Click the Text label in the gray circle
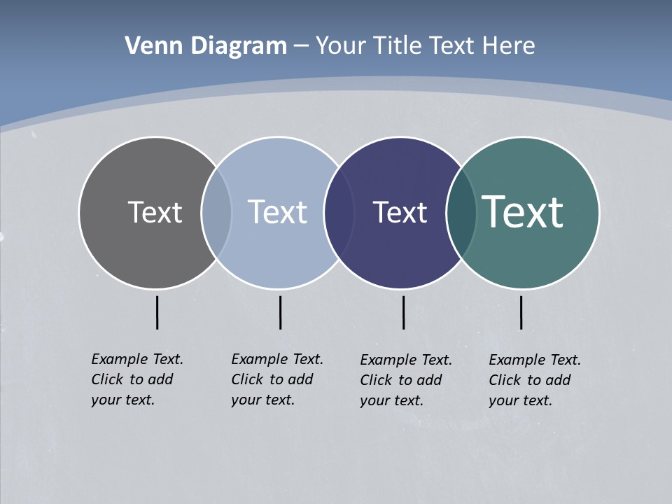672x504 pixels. pyautogui.click(x=155, y=212)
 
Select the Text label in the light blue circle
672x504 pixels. pyautogui.click(x=277, y=212)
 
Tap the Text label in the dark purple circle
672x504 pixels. pyautogui.click(x=400, y=212)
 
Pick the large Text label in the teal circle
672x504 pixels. pyautogui.click(x=523, y=211)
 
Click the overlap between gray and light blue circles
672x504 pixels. pyautogui.click(x=216, y=212)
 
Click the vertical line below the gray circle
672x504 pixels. pyautogui.click(x=157, y=312)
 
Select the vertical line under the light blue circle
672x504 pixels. pyautogui.click(x=280, y=312)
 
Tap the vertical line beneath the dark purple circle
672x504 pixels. pyautogui.click(x=403, y=312)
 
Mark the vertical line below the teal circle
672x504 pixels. pyautogui.click(x=521, y=312)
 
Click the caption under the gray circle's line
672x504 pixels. pyautogui.click(x=136, y=379)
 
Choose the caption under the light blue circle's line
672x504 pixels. pyautogui.click(x=276, y=379)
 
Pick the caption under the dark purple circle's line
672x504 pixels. pyautogui.click(x=405, y=380)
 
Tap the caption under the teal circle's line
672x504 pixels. pyautogui.click(x=534, y=380)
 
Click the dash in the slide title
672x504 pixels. pyautogui.click(x=301, y=46)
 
